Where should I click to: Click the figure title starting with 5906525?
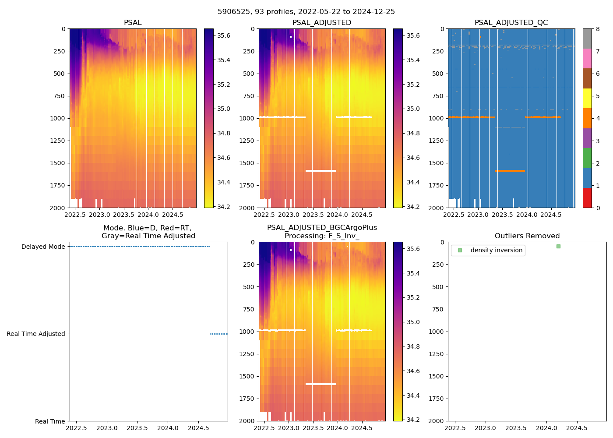click(306, 12)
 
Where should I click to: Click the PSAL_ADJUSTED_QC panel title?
click(511, 23)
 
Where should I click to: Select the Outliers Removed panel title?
click(527, 236)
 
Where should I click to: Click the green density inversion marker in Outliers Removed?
click(558, 246)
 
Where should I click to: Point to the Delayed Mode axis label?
click(43, 247)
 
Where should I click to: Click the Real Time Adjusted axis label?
click(35, 334)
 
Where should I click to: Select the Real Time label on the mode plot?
click(50, 421)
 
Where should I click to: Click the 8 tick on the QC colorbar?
click(598, 29)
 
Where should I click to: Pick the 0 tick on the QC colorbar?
click(598, 208)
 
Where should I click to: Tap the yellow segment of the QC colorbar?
click(587, 98)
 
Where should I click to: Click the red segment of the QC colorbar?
click(587, 198)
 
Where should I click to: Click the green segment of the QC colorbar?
click(587, 158)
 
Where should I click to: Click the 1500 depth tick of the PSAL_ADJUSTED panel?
click(247, 163)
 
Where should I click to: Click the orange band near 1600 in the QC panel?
click(510, 170)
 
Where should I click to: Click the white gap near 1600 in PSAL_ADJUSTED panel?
click(321, 170)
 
